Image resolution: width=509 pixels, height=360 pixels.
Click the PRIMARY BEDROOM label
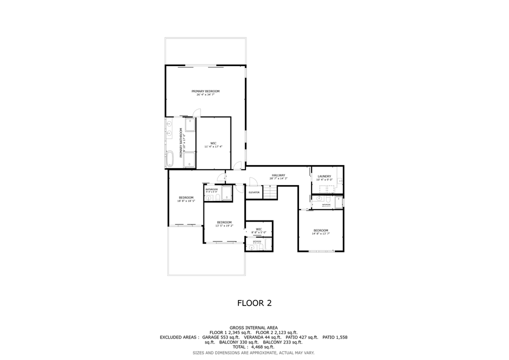pyautogui.click(x=205, y=91)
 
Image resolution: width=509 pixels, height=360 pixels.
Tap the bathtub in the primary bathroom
pyautogui.click(x=169, y=158)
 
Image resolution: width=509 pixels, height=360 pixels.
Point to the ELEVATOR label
pyautogui.click(x=254, y=192)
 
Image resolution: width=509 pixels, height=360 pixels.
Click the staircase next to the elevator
pyautogui.click(x=270, y=192)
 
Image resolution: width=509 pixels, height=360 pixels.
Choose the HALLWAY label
pyautogui.click(x=278, y=175)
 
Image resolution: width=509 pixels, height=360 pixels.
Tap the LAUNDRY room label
pyautogui.click(x=324, y=176)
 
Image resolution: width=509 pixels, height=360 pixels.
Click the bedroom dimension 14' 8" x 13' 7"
pyautogui.click(x=320, y=233)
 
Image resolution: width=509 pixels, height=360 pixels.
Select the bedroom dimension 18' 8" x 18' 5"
pyautogui.click(x=186, y=201)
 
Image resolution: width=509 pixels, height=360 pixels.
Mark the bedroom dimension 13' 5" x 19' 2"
pyautogui.click(x=224, y=225)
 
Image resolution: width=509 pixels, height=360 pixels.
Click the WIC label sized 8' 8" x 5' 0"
pyautogui.click(x=258, y=232)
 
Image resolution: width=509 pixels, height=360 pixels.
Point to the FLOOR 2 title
pyautogui.click(x=254, y=303)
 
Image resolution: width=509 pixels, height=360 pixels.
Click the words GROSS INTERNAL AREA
pyautogui.click(x=253, y=327)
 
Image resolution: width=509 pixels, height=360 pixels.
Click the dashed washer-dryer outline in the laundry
pyautogui.click(x=324, y=188)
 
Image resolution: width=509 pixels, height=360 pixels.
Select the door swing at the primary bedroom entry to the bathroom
pyautogui.click(x=197, y=113)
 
